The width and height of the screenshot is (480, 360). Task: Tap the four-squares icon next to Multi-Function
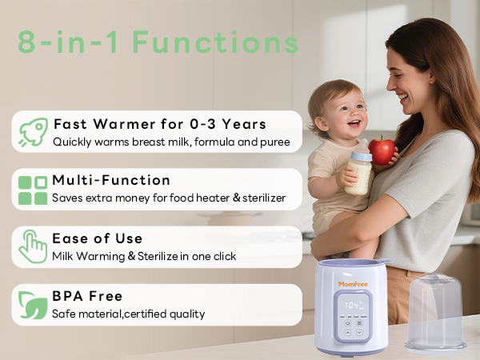tap(33, 190)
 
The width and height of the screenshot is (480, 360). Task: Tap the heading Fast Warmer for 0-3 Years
tap(159, 124)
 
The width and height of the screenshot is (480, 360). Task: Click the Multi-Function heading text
tap(111, 180)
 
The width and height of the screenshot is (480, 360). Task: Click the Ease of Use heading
tap(98, 238)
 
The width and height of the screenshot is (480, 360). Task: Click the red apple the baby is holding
tap(382, 150)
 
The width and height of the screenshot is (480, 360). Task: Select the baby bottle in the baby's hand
tap(359, 169)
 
